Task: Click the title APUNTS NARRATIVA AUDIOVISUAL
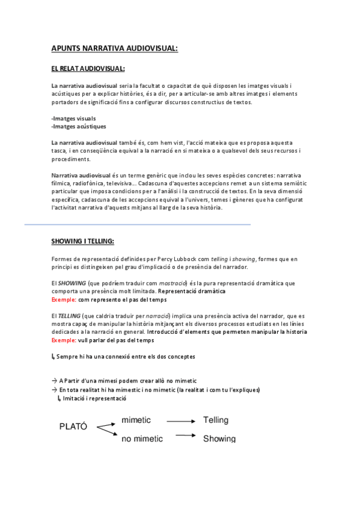click(x=114, y=48)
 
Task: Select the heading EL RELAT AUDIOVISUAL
click(x=88, y=68)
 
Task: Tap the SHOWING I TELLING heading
click(x=82, y=241)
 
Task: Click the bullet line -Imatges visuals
click(x=73, y=118)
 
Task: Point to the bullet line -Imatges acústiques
click(x=79, y=126)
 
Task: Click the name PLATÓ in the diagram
click(x=73, y=426)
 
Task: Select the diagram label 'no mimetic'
click(x=142, y=438)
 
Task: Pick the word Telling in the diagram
click(x=216, y=420)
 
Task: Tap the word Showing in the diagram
click(x=219, y=438)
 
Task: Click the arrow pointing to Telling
click(x=181, y=421)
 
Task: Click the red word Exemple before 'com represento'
click(x=64, y=299)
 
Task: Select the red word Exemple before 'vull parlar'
click(x=64, y=340)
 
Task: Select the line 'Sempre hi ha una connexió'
click(x=126, y=357)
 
